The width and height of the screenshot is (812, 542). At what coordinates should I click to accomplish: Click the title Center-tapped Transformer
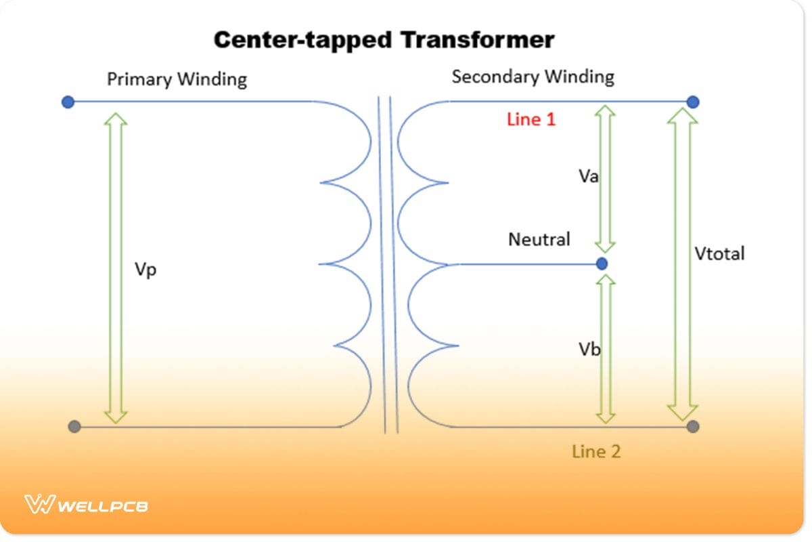(x=384, y=40)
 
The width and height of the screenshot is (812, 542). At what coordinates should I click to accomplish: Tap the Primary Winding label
(x=177, y=79)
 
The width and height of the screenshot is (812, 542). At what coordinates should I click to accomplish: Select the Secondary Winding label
(x=533, y=77)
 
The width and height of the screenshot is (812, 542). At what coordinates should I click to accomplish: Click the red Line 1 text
(x=531, y=120)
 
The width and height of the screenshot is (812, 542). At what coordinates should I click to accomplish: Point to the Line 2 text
(x=595, y=451)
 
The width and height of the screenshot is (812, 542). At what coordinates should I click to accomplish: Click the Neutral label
(x=539, y=239)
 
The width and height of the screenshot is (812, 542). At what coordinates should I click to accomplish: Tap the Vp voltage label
(x=145, y=269)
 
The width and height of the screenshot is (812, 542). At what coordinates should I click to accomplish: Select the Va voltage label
(x=589, y=177)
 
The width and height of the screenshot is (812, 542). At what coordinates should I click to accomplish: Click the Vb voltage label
(x=589, y=350)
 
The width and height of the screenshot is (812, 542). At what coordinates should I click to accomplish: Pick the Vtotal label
(x=719, y=253)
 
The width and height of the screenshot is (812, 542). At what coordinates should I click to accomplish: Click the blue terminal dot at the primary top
(x=68, y=102)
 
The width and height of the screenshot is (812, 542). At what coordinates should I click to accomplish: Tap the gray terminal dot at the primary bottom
(x=74, y=427)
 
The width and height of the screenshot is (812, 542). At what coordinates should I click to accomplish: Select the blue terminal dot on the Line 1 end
(x=692, y=102)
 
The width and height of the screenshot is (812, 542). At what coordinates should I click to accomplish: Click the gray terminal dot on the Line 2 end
(x=692, y=427)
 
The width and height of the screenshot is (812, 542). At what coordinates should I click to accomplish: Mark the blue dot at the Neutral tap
(x=602, y=263)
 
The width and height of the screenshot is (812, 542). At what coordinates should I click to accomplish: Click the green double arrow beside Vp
(x=117, y=268)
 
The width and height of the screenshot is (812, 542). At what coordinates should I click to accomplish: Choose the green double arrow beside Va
(x=605, y=179)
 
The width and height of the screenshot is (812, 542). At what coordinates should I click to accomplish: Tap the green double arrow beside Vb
(x=606, y=348)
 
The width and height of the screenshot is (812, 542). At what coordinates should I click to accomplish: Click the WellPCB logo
(x=86, y=505)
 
